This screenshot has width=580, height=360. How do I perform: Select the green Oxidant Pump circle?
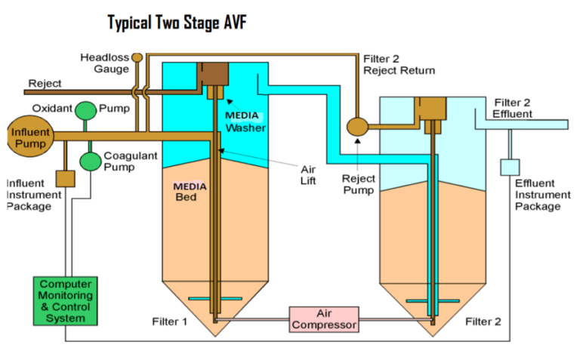86,109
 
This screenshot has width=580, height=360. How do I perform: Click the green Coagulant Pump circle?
91,161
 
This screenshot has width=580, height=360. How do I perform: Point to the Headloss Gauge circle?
137,57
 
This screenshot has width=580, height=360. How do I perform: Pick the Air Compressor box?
322,318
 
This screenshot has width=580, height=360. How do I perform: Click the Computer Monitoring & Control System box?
65,300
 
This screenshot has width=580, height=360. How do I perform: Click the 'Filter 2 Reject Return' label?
399,65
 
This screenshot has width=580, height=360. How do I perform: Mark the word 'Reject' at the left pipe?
45,83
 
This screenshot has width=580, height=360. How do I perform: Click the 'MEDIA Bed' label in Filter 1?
190,192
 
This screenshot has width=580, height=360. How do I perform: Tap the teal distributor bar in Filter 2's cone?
429,301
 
